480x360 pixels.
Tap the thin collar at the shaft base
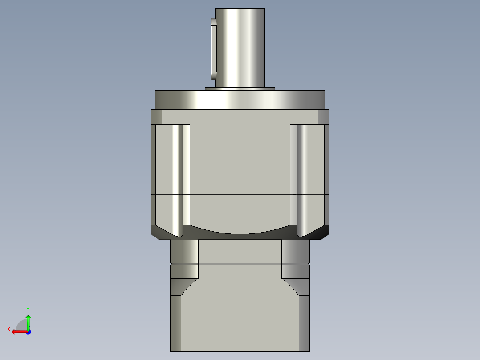click(x=240, y=89)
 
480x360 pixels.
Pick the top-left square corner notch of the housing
click(x=156, y=117)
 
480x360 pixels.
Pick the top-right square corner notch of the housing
click(x=323, y=117)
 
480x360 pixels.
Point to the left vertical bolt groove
click(x=177, y=178)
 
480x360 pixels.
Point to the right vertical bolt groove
click(x=302, y=178)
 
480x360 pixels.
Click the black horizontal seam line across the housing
click(x=240, y=195)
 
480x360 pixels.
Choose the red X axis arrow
click(x=19, y=331)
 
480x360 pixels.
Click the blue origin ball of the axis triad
click(x=28, y=332)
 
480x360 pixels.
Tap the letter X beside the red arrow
click(x=8, y=329)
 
